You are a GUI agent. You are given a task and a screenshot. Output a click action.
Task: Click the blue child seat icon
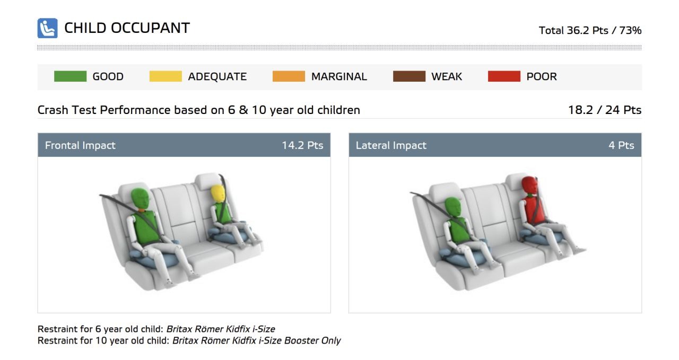click(x=47, y=28)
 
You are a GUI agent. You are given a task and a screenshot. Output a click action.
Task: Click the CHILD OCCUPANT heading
click(x=127, y=28)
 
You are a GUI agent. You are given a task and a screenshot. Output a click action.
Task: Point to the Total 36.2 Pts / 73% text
click(x=590, y=30)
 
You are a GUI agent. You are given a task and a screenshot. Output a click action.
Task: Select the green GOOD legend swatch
click(x=71, y=76)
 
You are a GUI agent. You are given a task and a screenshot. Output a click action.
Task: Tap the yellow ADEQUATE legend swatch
click(x=166, y=76)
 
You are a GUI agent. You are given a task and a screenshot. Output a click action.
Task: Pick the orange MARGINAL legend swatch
click(x=289, y=76)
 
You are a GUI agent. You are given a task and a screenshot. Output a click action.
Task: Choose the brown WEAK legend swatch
click(x=409, y=76)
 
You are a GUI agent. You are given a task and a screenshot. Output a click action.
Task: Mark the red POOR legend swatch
click(x=504, y=76)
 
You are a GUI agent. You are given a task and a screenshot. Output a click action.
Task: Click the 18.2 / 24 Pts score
click(x=605, y=110)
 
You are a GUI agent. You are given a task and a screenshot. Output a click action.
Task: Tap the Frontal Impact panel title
click(x=80, y=145)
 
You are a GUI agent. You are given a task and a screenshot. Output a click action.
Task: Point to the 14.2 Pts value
click(x=302, y=145)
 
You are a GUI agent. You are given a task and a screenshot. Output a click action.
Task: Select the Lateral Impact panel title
click(x=391, y=145)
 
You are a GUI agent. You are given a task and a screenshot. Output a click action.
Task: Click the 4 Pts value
click(x=621, y=145)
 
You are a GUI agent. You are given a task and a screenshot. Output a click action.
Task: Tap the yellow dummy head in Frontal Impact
click(x=218, y=194)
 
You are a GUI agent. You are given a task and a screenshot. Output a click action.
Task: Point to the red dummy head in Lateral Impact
click(x=529, y=186)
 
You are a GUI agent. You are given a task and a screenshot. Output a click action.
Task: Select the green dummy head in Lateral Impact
click(x=453, y=207)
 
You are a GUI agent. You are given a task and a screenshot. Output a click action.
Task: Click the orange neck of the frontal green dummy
click(x=141, y=210)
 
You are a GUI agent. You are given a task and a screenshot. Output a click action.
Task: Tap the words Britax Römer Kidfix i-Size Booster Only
click(x=256, y=340)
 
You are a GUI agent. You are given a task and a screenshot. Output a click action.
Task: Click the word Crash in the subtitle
click(x=53, y=110)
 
